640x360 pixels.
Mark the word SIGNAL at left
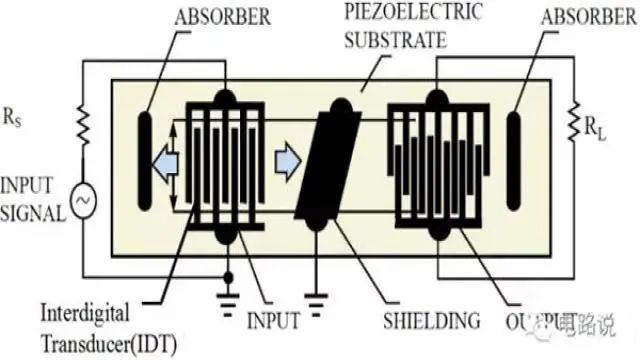34,211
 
